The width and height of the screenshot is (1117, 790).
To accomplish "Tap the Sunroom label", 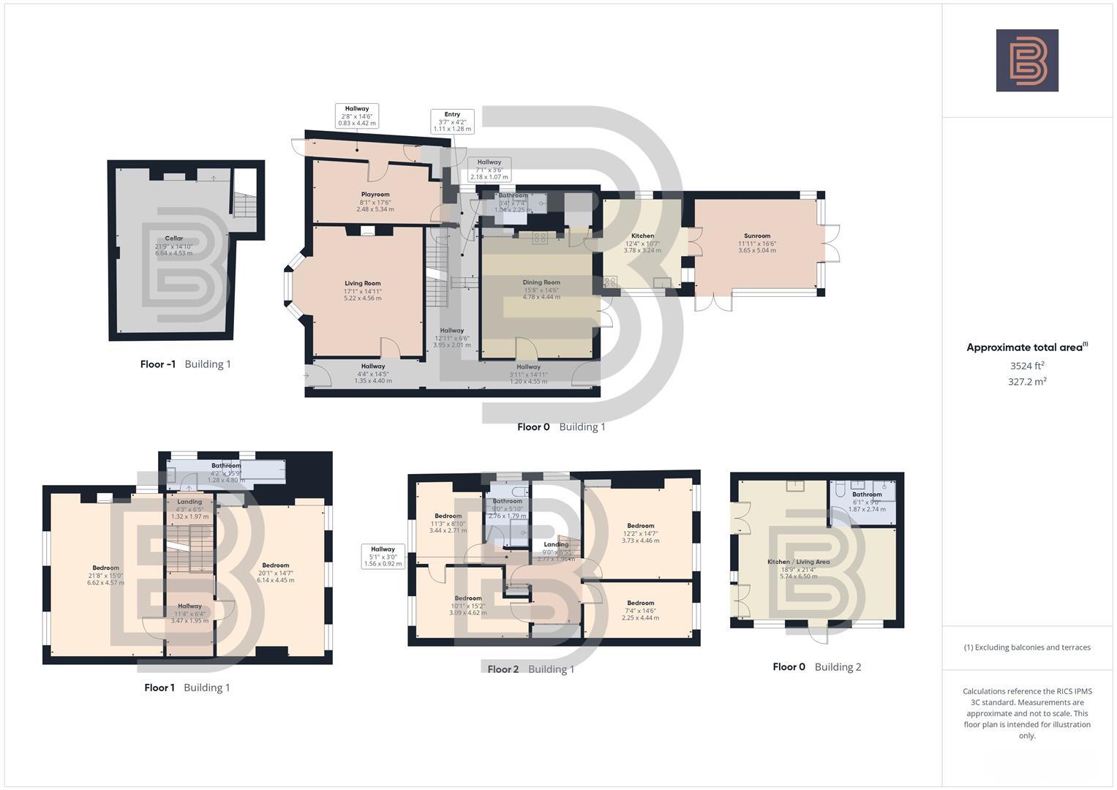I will click(757, 243).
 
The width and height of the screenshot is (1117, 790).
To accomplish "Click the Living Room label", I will click(362, 290).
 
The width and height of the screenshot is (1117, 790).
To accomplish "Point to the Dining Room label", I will click(541, 289).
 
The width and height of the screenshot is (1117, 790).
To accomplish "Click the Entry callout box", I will click(452, 121).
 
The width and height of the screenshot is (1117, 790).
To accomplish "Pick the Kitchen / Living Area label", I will click(798, 568).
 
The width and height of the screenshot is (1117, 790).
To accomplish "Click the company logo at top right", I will click(1026, 61).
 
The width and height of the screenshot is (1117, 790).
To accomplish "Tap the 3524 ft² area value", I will click(1027, 366).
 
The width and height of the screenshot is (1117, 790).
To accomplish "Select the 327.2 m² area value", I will click(1027, 381).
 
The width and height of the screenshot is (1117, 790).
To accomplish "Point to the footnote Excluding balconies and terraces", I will click(1027, 647).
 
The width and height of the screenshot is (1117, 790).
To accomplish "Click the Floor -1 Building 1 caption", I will click(185, 364).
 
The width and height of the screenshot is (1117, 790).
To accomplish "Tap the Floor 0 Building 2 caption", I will click(816, 666).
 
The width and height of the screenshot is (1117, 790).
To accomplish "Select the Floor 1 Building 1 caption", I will click(187, 688).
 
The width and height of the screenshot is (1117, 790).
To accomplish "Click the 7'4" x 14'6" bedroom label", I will click(640, 610).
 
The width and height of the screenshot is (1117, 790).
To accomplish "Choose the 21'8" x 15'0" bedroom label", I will click(105, 575).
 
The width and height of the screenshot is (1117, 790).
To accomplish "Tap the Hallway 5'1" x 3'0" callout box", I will click(383, 557).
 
